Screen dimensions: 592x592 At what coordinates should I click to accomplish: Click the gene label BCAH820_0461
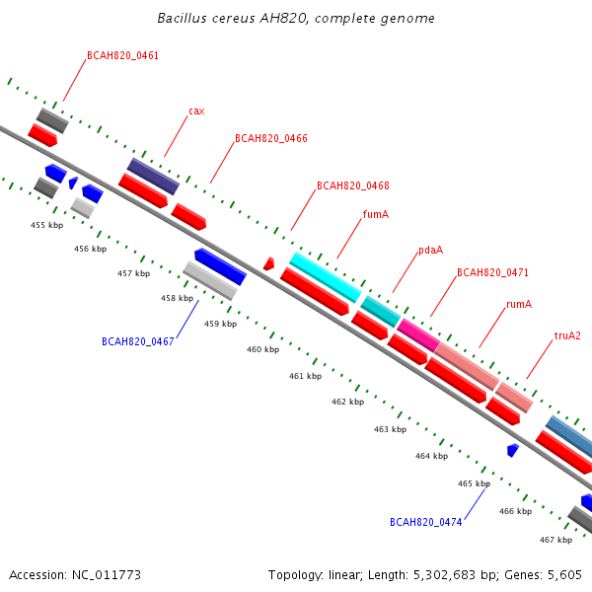pyautogui.click(x=122, y=56)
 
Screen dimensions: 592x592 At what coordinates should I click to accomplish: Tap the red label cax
pyautogui.click(x=196, y=111)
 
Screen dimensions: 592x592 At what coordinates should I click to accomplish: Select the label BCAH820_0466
pyautogui.click(x=271, y=138)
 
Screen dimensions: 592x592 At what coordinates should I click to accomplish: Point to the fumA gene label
pyautogui.click(x=376, y=214)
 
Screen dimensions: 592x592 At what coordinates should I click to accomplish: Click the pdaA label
pyautogui.click(x=431, y=251)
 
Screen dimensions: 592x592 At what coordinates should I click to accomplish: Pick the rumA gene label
pyautogui.click(x=519, y=304)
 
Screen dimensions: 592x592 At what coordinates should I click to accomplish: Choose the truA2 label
pyautogui.click(x=567, y=335)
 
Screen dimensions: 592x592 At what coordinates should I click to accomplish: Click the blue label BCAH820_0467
pyautogui.click(x=138, y=341)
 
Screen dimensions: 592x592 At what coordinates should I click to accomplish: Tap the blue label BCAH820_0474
pyautogui.click(x=426, y=522)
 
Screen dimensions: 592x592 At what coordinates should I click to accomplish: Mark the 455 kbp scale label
pyautogui.click(x=46, y=225)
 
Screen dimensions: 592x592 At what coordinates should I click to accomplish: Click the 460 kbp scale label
pyautogui.click(x=262, y=349)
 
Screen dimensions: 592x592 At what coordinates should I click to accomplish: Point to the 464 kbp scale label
pyautogui.click(x=431, y=456)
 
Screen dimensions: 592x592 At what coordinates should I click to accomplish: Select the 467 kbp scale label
pyautogui.click(x=555, y=540)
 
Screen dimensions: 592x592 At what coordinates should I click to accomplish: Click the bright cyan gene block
pyautogui.click(x=326, y=277)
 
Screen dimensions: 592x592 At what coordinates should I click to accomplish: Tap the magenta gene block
pyautogui.click(x=418, y=335)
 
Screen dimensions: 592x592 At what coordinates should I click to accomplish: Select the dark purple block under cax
pyautogui.click(x=153, y=177)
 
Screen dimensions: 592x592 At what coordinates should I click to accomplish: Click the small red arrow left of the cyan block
pyautogui.click(x=268, y=263)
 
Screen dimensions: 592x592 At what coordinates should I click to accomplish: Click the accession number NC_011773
pyautogui.click(x=107, y=575)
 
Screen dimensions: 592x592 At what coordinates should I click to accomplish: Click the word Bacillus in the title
pyautogui.click(x=182, y=18)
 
